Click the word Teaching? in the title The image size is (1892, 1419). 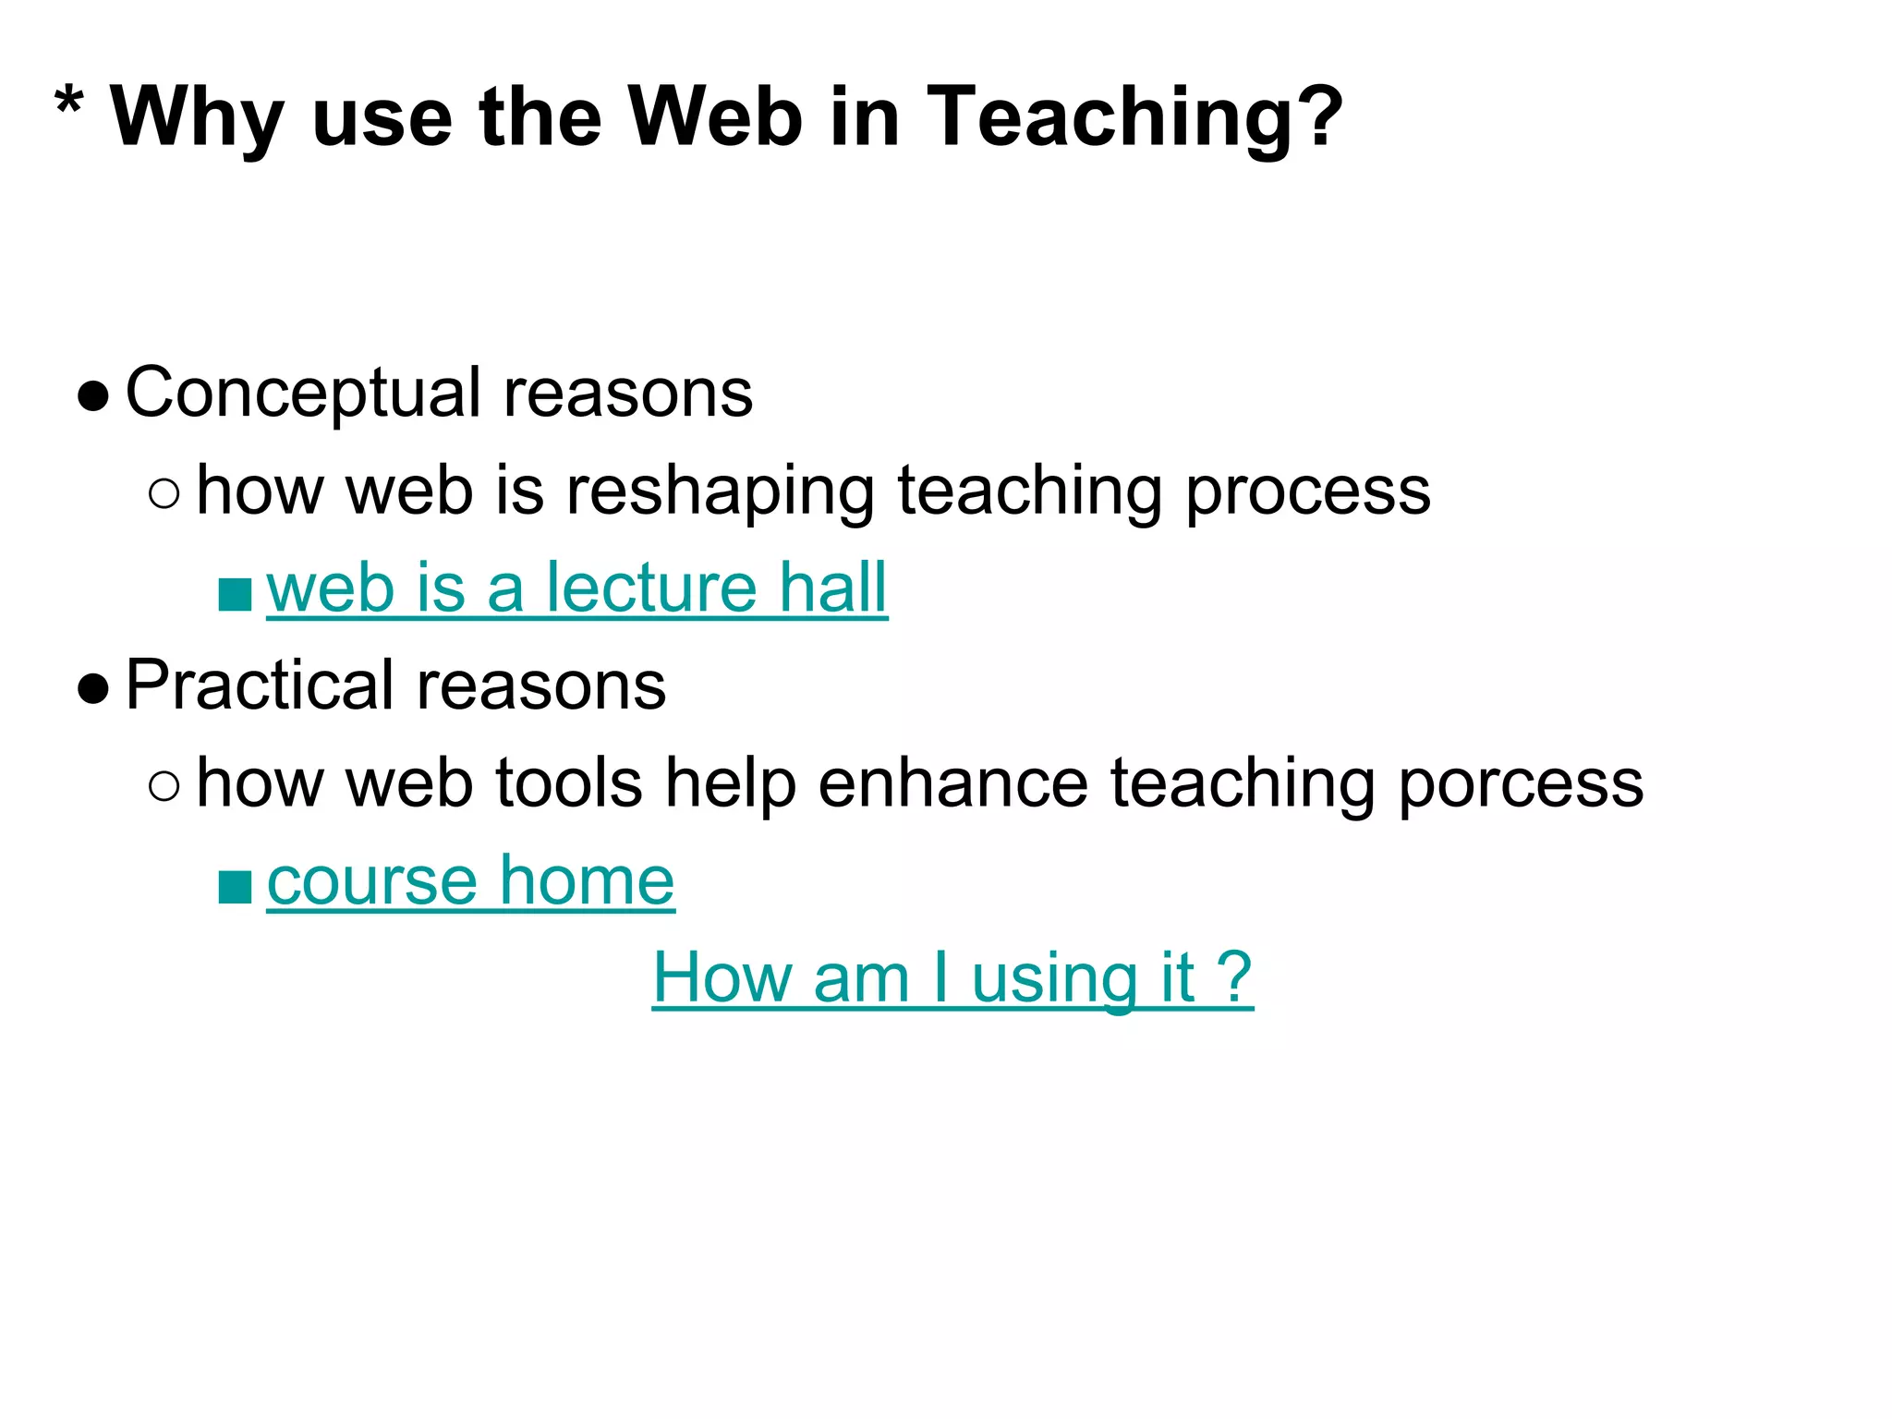tap(1134, 118)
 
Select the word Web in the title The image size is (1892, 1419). tap(715, 116)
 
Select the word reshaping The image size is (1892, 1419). tap(720, 491)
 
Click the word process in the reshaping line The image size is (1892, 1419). tap(1307, 491)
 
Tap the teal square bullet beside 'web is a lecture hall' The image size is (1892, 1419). tap(235, 594)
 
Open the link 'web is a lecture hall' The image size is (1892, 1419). tap(576, 588)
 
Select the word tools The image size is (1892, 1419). tap(568, 783)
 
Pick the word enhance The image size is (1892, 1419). tap(952, 783)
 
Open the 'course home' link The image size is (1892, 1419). tap(470, 881)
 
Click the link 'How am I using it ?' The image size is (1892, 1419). tap(952, 978)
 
